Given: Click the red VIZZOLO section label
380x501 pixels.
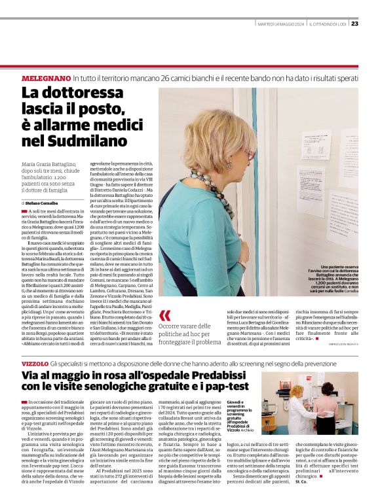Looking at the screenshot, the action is coord(35,362).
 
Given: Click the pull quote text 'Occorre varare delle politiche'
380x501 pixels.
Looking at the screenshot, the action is coord(190,333).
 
